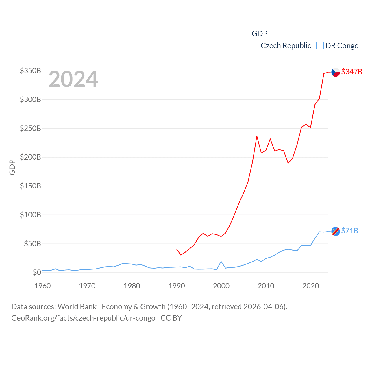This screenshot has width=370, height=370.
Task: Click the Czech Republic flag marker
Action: tap(336, 72)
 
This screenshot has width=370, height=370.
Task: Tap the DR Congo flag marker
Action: tap(336, 231)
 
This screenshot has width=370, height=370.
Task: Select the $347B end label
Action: tap(351, 72)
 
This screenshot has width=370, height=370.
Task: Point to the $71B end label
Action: tap(349, 231)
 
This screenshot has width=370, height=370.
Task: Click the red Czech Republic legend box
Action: tap(256, 46)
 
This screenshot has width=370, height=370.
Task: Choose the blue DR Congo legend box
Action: tap(320, 46)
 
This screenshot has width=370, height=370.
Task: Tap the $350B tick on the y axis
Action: tap(30, 71)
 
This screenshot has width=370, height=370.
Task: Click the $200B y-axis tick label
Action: tap(30, 157)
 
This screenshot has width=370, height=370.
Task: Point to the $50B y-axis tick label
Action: tap(32, 244)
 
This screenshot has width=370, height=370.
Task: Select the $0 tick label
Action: tap(37, 272)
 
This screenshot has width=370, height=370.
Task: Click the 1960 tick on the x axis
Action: tap(42, 286)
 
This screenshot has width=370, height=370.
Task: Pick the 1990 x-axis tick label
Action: tap(177, 286)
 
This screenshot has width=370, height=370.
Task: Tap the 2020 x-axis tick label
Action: tap(310, 286)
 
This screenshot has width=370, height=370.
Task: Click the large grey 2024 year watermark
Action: tap(73, 79)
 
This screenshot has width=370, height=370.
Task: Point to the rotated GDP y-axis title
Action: tap(12, 167)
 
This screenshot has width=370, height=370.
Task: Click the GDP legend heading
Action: tap(259, 34)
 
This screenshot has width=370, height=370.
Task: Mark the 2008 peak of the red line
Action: tap(257, 136)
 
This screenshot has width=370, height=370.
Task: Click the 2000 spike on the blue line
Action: tap(221, 261)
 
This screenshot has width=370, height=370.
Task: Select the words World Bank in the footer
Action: tap(77, 306)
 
